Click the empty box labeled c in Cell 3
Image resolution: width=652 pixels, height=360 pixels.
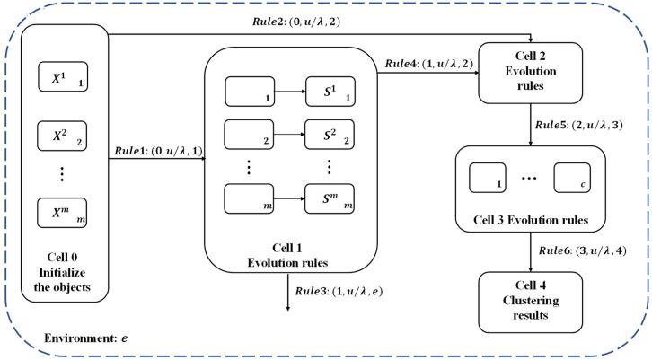pos(571,179)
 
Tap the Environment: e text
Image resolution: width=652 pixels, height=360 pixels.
pos(84,340)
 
